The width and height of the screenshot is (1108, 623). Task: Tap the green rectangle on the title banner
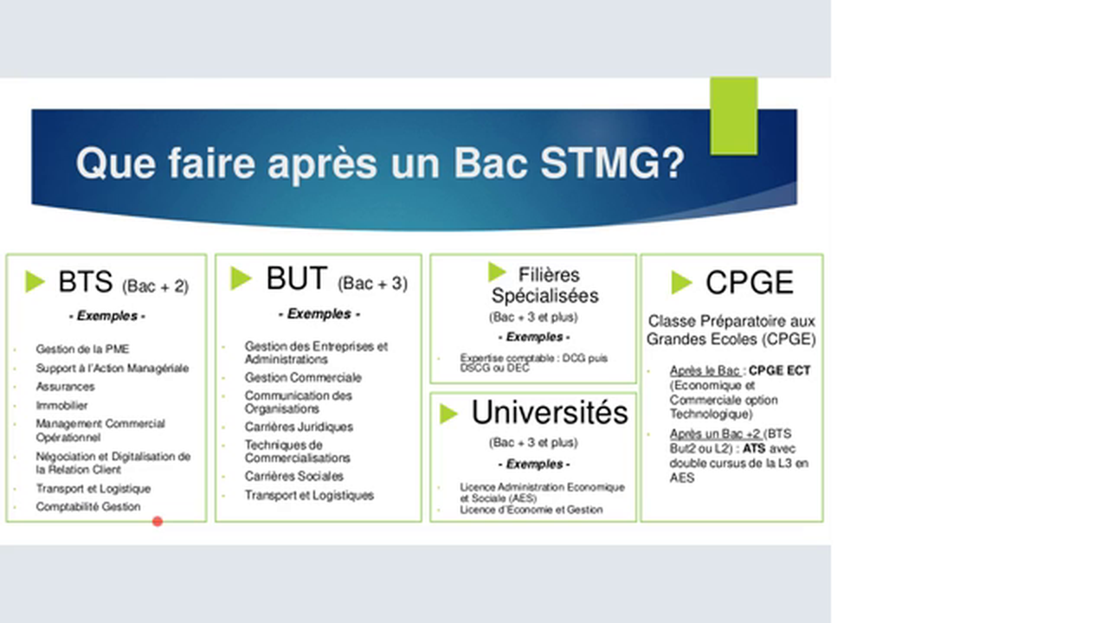[734, 116]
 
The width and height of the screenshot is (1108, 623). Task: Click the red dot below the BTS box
[158, 521]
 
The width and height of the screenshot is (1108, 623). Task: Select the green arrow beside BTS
[35, 282]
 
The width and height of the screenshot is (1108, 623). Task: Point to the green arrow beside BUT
[241, 279]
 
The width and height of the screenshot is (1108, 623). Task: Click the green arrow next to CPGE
[681, 282]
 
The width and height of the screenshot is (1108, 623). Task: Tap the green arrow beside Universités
[448, 414]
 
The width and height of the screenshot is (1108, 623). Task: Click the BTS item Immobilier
[61, 405]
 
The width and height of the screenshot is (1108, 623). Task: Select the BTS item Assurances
[65, 387]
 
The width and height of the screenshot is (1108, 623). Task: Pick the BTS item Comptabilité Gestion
[87, 507]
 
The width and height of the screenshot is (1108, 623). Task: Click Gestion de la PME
[82, 350]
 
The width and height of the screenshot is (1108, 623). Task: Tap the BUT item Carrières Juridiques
[299, 427]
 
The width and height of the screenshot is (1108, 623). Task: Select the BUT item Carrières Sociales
[293, 476]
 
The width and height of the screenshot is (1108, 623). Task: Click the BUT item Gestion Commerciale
[303, 377]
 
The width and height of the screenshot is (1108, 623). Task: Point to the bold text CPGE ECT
[780, 370]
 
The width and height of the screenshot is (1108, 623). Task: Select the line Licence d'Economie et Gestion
[531, 510]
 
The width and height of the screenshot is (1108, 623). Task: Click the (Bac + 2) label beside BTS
[155, 286]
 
